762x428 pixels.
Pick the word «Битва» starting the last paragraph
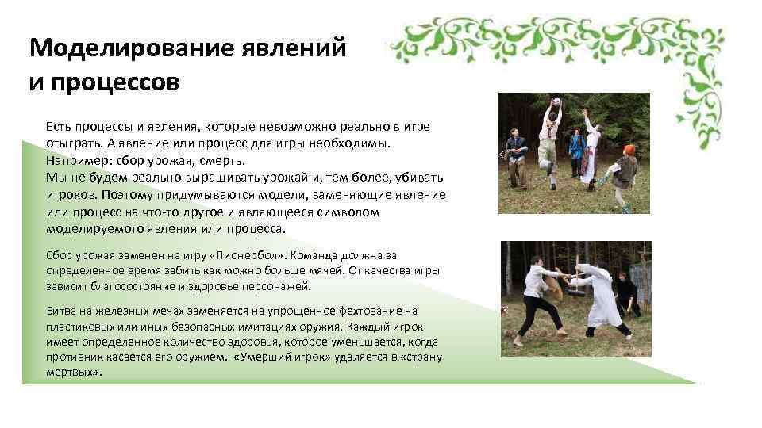[x=61, y=311]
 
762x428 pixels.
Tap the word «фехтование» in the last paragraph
[x=356, y=311]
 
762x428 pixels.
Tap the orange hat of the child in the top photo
[x=629, y=150]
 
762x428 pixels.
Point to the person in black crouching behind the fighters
[x=627, y=293]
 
